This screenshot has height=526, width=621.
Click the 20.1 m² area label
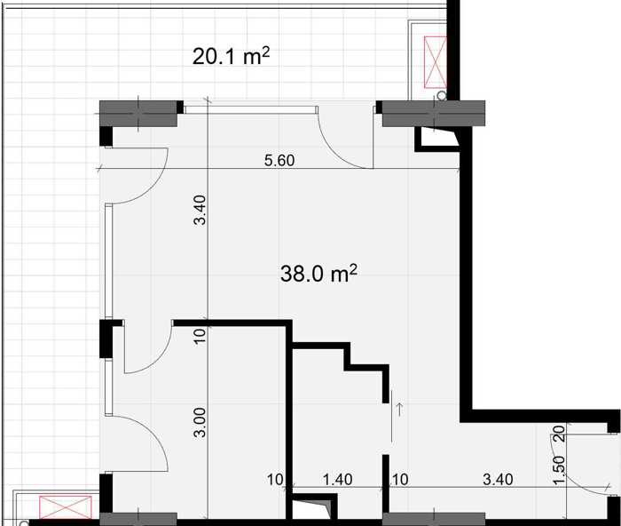pos(231,56)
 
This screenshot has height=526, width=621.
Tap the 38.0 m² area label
pos(318,274)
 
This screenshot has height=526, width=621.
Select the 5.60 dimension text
pos(279,160)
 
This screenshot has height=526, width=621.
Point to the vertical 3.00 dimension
pos(200,422)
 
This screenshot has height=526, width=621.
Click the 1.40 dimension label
pos(337,479)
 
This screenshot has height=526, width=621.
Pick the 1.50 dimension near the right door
pos(559,470)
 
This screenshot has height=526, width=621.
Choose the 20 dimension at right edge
pos(558,434)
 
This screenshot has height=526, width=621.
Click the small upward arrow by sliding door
pos(399,409)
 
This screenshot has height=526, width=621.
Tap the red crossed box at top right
pos(435,62)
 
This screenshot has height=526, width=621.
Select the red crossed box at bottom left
pos(66,507)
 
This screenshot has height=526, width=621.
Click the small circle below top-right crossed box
pos(441,95)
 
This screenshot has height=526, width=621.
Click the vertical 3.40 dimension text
pos(200,210)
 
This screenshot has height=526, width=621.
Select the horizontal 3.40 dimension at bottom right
pos(498,479)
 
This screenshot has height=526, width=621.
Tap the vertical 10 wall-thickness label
pos(200,336)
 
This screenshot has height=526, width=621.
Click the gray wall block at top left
pos(138,114)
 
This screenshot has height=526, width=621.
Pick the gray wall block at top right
pos(434,114)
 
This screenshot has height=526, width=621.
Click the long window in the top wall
pos(251,109)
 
